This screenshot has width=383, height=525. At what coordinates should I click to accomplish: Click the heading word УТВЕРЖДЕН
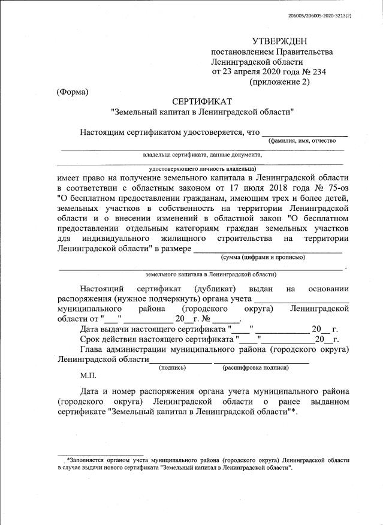pos(279,41)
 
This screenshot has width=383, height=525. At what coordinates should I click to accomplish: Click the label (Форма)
pos(72,92)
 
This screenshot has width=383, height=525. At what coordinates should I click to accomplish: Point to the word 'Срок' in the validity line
pos(91,339)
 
